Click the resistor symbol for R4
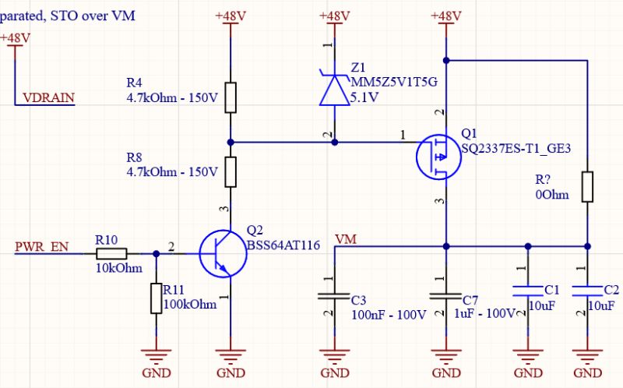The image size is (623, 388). [231, 97]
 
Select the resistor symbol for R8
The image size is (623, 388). [231, 172]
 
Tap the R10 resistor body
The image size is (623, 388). [111, 253]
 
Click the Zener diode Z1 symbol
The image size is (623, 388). [335, 90]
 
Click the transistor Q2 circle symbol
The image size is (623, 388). [221, 253]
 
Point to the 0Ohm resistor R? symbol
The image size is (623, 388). [586, 187]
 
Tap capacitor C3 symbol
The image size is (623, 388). [335, 297]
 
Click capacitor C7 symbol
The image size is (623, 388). [446, 297]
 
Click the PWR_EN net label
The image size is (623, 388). [41, 248]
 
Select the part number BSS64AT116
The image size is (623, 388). [283, 245]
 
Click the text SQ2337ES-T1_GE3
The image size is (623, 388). [511, 147]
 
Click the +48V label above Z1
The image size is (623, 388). [335, 16]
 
